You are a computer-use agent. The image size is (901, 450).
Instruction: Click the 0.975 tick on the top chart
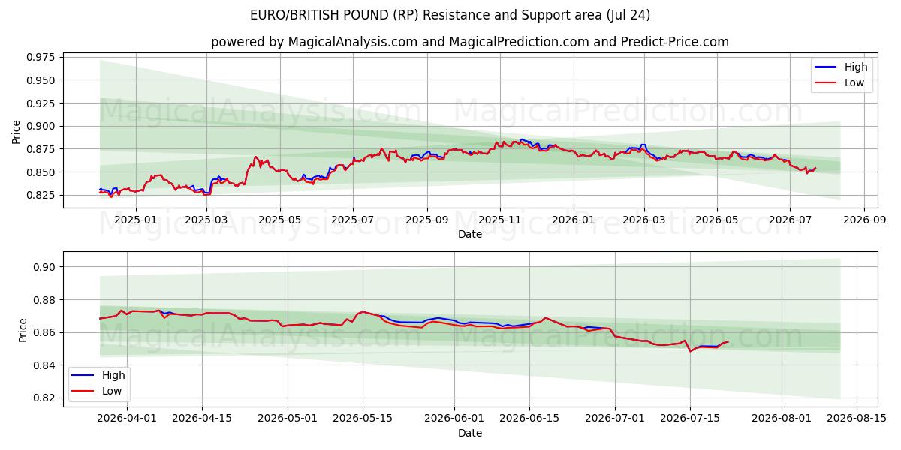click(x=41, y=57)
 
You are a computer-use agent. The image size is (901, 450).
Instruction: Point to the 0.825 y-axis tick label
click(x=41, y=195)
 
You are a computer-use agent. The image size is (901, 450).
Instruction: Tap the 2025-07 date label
click(x=353, y=220)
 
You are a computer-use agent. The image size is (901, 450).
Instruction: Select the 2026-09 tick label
click(x=864, y=220)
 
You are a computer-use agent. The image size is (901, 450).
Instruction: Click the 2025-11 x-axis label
click(x=500, y=220)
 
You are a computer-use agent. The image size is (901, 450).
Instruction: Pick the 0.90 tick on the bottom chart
click(x=44, y=267)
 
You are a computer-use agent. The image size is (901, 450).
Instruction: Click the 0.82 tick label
click(x=44, y=397)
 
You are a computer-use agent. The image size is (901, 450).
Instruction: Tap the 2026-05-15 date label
click(x=363, y=418)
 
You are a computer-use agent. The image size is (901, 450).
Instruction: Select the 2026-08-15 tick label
click(x=857, y=418)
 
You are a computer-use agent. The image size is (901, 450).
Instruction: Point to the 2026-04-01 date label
click(x=127, y=418)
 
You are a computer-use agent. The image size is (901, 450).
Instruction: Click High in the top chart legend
click(x=856, y=67)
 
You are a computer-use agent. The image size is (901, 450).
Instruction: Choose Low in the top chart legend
click(x=854, y=82)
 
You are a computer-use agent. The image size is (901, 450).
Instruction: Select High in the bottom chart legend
click(x=113, y=375)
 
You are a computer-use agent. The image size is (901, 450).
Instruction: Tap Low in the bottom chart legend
click(x=112, y=391)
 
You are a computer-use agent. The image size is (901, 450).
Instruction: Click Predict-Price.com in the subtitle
click(x=674, y=42)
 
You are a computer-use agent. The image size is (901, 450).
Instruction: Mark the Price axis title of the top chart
click(x=16, y=132)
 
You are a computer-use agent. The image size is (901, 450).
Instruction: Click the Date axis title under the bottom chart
click(x=470, y=433)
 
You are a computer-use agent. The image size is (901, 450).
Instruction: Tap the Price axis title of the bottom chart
click(x=23, y=330)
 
